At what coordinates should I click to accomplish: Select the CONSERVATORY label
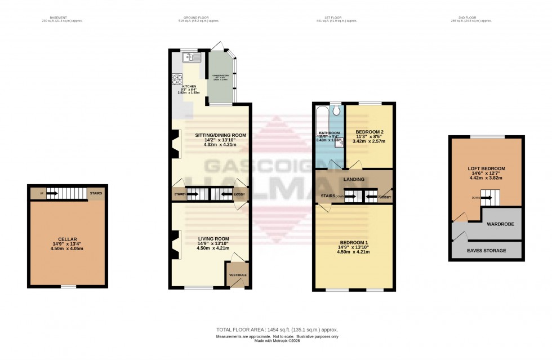click(x=220, y=75)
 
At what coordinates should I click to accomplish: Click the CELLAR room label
click(x=67, y=239)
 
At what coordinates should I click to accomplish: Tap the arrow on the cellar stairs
click(x=51, y=194)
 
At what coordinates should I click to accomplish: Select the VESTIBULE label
click(x=236, y=275)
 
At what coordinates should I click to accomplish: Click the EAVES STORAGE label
click(x=487, y=250)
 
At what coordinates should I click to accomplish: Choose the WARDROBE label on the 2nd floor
click(x=493, y=223)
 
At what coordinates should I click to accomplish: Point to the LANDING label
click(x=354, y=179)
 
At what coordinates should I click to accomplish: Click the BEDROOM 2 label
click(x=369, y=132)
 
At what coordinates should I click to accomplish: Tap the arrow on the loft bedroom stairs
click(x=489, y=198)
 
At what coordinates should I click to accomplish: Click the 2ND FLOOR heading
click(x=471, y=17)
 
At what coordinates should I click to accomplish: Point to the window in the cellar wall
click(x=68, y=287)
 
